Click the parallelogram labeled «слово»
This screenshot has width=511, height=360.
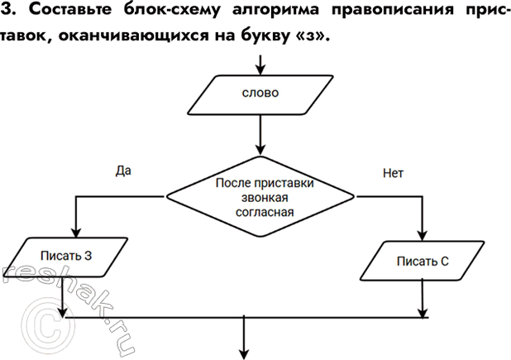[x=260, y=95]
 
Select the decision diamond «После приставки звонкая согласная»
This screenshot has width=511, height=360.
[x=260, y=196]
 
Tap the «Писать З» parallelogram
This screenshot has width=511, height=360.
[x=65, y=257]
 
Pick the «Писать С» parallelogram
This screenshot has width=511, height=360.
[x=422, y=261]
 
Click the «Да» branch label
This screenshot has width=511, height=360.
[x=123, y=170]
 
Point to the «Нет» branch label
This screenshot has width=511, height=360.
[x=393, y=173]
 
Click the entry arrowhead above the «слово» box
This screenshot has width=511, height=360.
[x=260, y=70]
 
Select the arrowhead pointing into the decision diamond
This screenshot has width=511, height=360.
[x=260, y=150]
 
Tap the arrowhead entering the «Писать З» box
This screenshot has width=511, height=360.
[x=75, y=233]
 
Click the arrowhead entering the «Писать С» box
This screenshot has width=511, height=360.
[x=423, y=236]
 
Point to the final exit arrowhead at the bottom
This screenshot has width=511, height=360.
[x=244, y=354]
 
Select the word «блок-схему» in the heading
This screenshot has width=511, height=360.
[x=172, y=10]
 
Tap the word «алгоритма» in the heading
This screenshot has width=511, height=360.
[x=275, y=11]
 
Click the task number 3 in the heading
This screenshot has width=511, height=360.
[x=7, y=10]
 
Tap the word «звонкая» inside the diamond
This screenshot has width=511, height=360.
[x=265, y=198]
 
